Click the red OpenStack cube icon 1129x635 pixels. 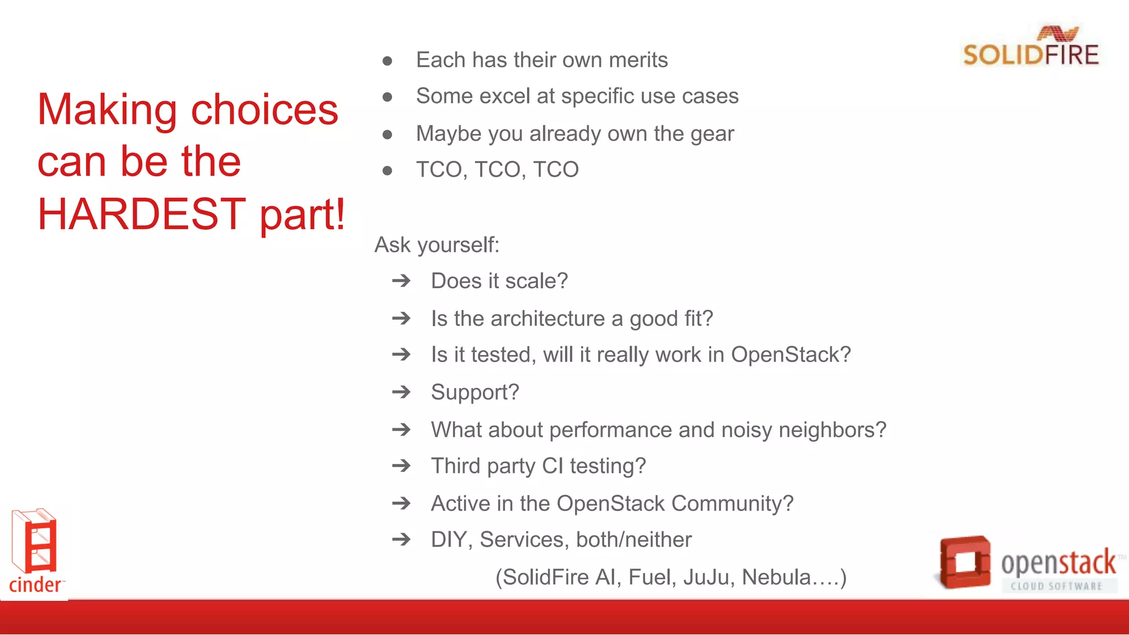pyautogui.click(x=964, y=562)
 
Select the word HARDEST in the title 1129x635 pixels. pyautogui.click(x=141, y=214)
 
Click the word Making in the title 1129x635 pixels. pyautogui.click(x=107, y=110)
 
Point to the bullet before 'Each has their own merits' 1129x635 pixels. pyautogui.click(x=387, y=61)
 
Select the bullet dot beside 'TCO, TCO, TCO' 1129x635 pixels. pyautogui.click(x=387, y=171)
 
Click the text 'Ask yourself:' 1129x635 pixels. pyautogui.click(x=437, y=245)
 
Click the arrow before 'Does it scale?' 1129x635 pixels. pyautogui.click(x=401, y=281)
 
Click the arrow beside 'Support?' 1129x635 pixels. pyautogui.click(x=401, y=392)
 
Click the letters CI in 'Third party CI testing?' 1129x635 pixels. pyautogui.click(x=552, y=466)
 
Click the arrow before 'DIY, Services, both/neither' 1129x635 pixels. pyautogui.click(x=401, y=540)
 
